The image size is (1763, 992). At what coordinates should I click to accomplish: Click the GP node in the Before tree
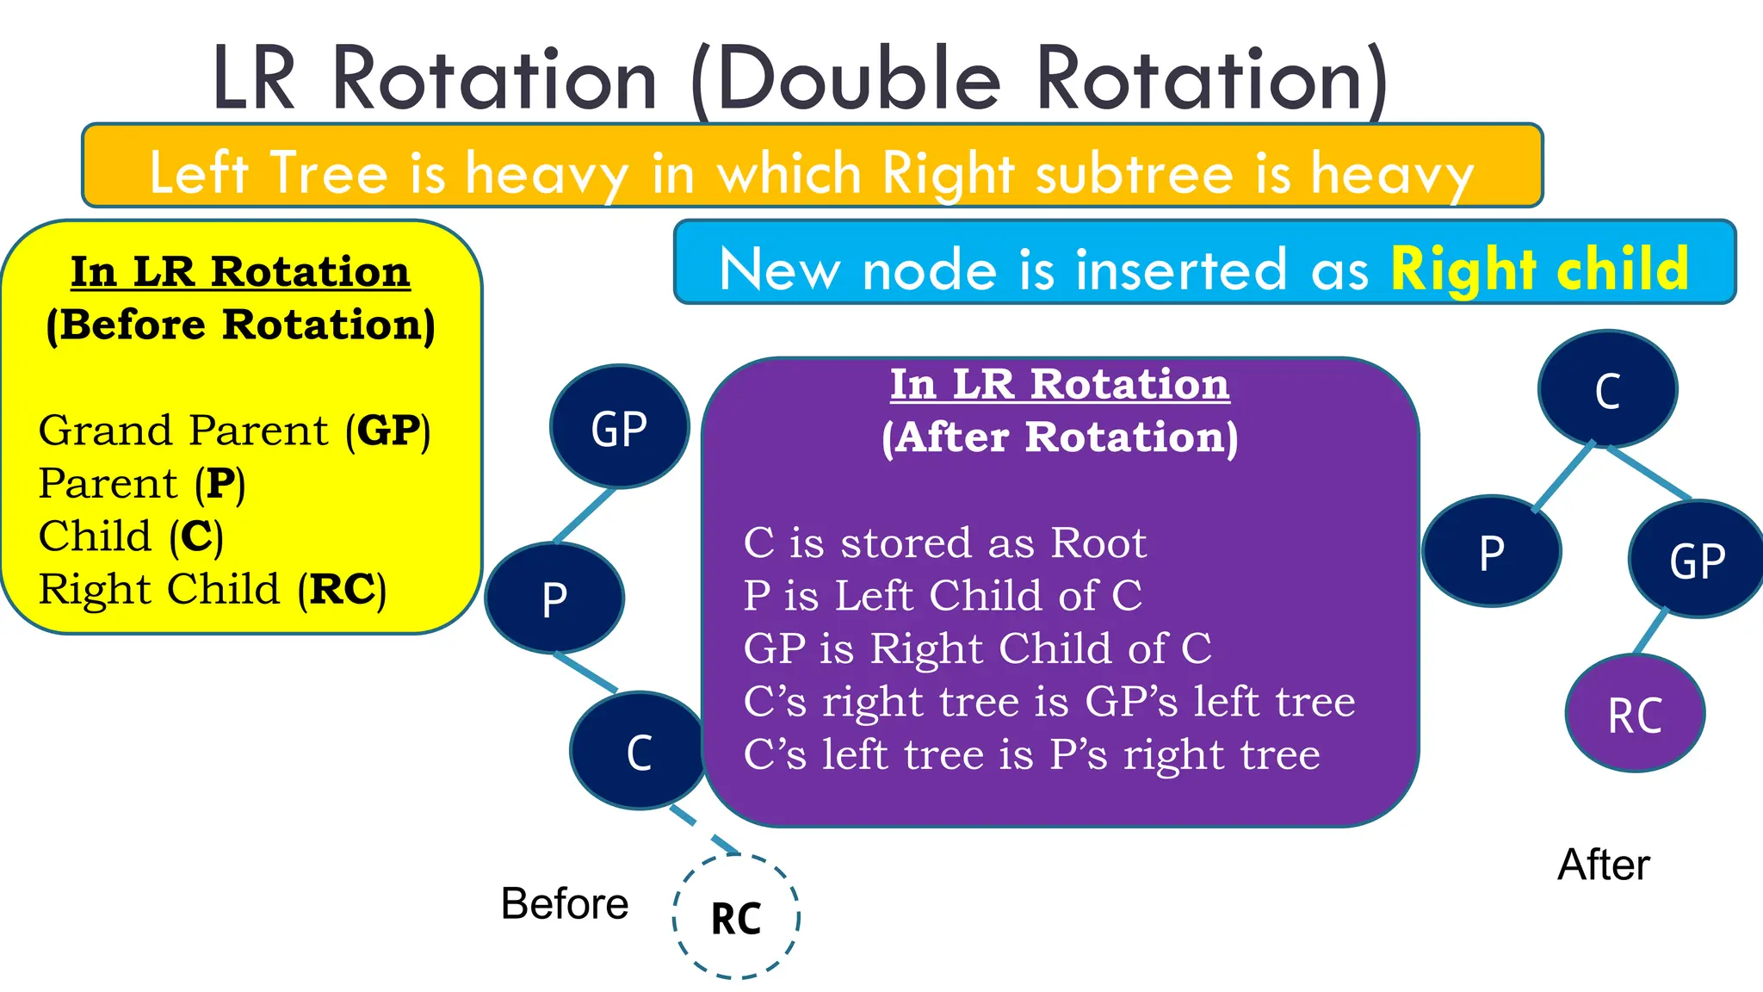click(x=619, y=427)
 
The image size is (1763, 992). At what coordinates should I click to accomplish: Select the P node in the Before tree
click(x=554, y=598)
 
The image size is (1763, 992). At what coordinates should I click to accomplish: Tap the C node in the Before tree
click(x=639, y=752)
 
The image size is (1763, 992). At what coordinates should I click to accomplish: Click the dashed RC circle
click(x=736, y=917)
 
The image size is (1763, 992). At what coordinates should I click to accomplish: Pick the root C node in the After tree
click(x=1607, y=389)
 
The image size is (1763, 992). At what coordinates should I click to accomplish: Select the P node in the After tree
click(x=1491, y=551)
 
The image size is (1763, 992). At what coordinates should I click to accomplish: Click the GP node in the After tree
click(x=1697, y=560)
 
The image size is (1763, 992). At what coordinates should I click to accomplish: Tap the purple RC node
click(x=1635, y=714)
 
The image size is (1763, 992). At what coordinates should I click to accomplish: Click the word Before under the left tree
click(x=565, y=903)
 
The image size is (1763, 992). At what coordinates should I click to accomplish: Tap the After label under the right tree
click(x=1603, y=865)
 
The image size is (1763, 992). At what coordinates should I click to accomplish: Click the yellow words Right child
click(x=1539, y=269)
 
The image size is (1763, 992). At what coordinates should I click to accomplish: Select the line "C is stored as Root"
click(x=944, y=542)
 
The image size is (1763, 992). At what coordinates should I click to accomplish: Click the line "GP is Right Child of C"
click(x=977, y=648)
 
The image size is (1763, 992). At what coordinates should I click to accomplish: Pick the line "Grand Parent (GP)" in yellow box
click(x=234, y=430)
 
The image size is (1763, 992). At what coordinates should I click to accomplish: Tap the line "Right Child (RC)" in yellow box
click(x=212, y=590)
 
